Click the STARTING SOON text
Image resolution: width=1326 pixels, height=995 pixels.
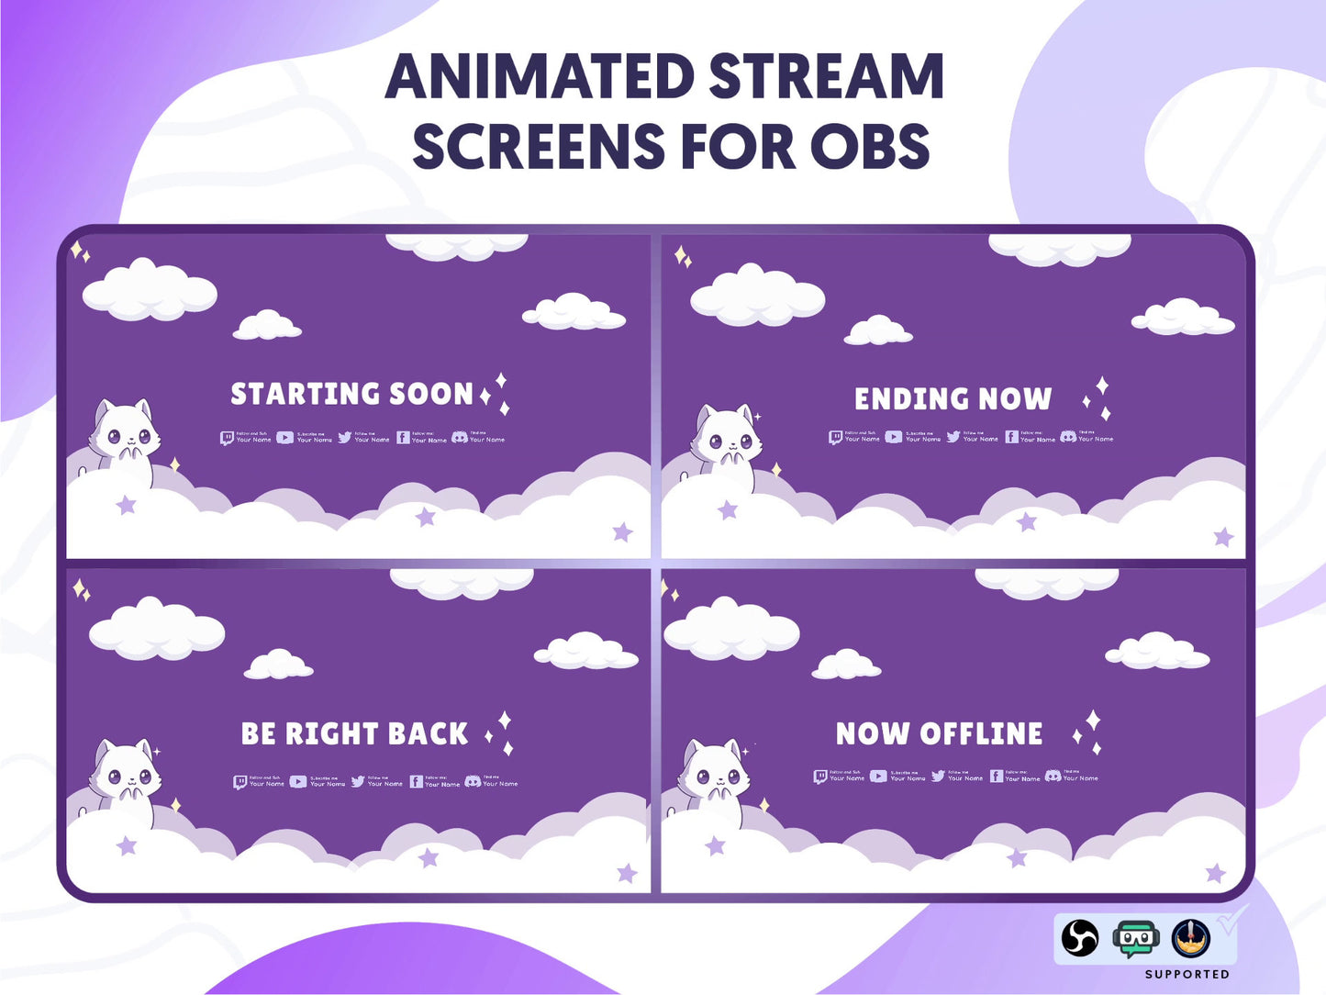(x=351, y=394)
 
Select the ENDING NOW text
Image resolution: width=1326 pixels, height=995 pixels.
(x=953, y=398)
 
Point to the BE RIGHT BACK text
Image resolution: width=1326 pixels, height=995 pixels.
(x=354, y=734)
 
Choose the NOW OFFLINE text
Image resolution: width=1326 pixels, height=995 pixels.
(x=939, y=733)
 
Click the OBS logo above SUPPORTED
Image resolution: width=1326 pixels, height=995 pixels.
(x=1080, y=938)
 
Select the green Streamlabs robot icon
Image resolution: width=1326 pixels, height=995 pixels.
(x=1135, y=939)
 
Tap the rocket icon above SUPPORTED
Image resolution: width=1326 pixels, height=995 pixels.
(x=1190, y=938)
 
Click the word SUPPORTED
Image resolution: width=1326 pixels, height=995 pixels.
(x=1187, y=974)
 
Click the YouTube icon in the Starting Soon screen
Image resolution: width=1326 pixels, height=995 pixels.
(x=285, y=438)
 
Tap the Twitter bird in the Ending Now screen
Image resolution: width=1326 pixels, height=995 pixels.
(x=953, y=437)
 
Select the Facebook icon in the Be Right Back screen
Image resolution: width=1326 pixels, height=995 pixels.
(x=417, y=782)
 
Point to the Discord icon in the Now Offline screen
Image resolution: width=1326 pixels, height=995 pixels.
(x=1053, y=777)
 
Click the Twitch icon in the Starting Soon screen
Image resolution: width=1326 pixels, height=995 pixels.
(x=227, y=439)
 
